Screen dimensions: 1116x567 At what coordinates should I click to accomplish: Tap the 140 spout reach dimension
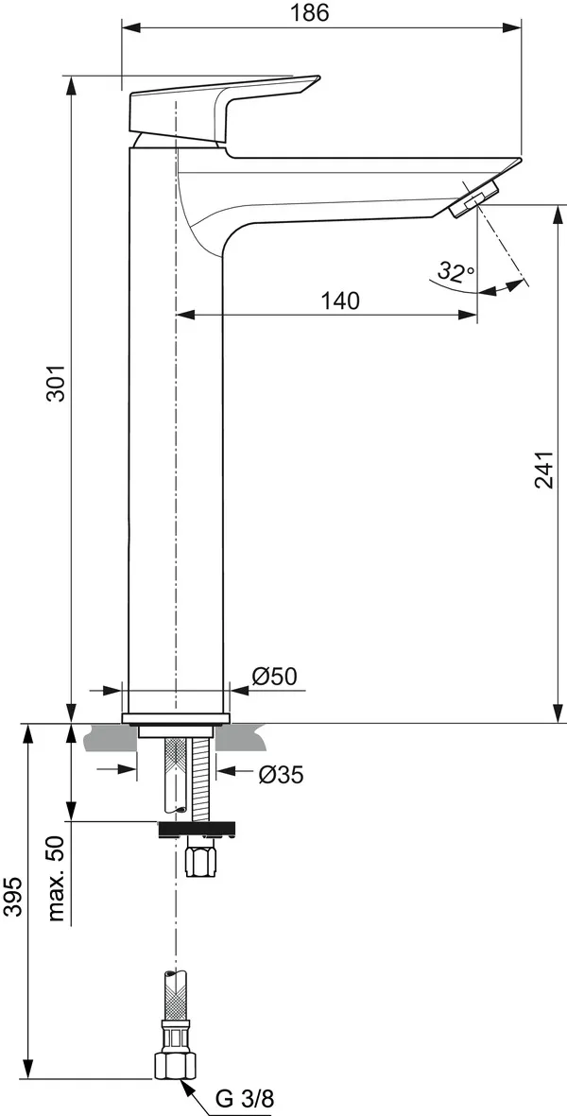pos(339,300)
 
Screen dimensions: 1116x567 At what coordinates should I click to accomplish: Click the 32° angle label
pos(455,273)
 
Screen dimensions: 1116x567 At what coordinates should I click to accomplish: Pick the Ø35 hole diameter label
pos(281,775)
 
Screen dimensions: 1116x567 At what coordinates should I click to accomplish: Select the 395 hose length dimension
pos(12,893)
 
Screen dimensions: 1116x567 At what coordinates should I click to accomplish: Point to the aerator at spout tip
pos(472,202)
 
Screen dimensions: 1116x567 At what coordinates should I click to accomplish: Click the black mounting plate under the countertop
pos(195,830)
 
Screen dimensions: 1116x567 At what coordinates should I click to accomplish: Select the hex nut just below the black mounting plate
pos(201,862)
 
